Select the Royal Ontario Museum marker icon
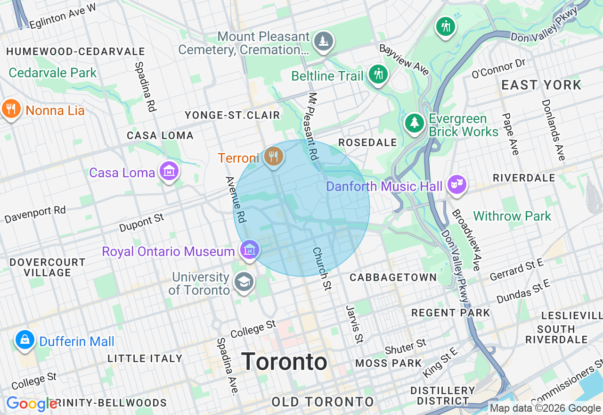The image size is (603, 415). [249, 249]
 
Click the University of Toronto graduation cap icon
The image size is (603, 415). [244, 282]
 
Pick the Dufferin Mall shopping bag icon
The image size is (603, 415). [24, 339]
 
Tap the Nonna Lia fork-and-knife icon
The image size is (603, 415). [11, 109]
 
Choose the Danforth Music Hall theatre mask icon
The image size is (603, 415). [456, 184]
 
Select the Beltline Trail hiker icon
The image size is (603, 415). [377, 74]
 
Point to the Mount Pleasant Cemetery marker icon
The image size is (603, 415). [324, 41]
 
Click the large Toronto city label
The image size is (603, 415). [285, 362]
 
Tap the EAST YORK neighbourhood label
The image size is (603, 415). [541, 85]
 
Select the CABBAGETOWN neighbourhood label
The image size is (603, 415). [393, 277]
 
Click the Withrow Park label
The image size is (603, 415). [512, 216]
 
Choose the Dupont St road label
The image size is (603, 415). [141, 223]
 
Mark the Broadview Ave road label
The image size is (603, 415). [466, 240]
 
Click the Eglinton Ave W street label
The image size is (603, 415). [62, 16]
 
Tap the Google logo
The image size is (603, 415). [32, 404]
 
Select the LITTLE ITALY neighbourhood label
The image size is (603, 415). [145, 358]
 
